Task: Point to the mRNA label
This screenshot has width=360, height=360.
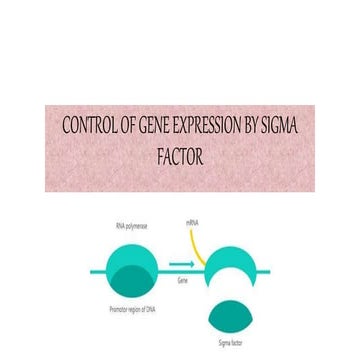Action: point(192,223)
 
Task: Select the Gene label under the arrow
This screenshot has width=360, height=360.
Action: point(182,281)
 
